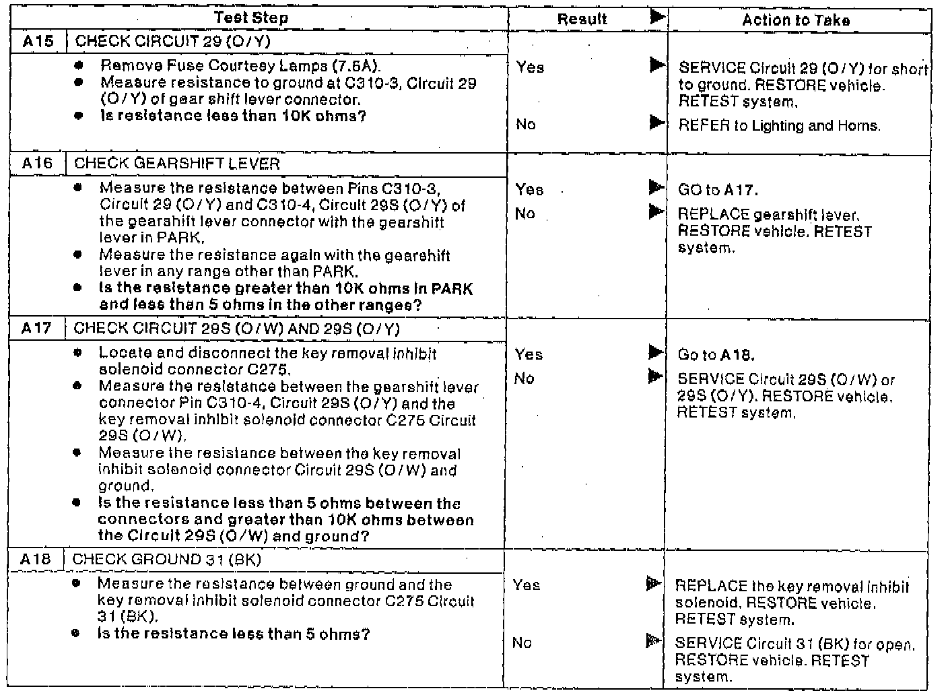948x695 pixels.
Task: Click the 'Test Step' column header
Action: [x=251, y=18]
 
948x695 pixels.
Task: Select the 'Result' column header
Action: [x=582, y=20]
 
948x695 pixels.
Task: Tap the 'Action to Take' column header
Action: [x=795, y=20]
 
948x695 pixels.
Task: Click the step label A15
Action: [x=38, y=41]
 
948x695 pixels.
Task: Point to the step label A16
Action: [x=37, y=164]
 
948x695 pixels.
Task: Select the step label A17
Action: [x=36, y=328]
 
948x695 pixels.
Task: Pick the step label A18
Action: [x=35, y=559]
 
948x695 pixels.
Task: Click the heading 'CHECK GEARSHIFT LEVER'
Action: [x=176, y=164]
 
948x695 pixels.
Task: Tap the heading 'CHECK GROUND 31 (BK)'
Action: [x=166, y=559]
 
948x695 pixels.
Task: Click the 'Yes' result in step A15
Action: [x=530, y=67]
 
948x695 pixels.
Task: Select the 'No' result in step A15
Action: [x=525, y=124]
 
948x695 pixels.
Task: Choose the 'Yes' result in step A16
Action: [x=529, y=189]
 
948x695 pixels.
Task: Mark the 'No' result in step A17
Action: [x=524, y=378]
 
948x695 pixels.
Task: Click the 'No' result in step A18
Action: [x=522, y=642]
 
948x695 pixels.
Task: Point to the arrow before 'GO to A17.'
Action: [x=656, y=188]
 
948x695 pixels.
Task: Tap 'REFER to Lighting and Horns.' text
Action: [x=779, y=125]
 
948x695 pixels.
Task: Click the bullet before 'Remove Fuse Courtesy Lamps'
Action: [x=79, y=66]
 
